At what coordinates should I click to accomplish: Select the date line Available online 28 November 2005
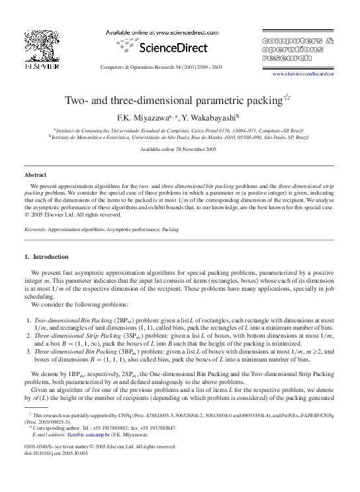point(179,150)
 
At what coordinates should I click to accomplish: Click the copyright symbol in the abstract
point(26,214)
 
